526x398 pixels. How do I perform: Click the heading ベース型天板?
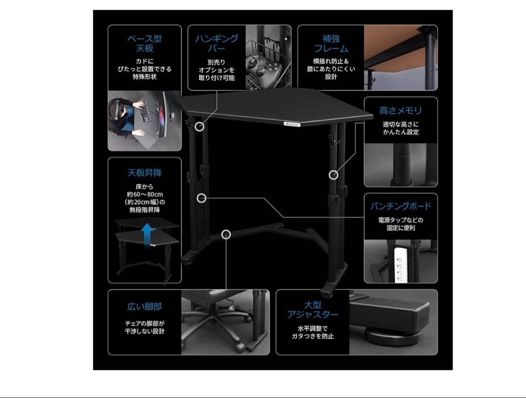coord(145,43)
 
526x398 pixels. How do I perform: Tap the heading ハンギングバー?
coord(217,43)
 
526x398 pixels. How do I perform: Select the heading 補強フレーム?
coord(331,43)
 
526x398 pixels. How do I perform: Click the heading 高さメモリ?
coord(400,111)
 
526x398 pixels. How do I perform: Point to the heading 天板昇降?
coord(145,173)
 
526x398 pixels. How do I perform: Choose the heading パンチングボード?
coord(400,206)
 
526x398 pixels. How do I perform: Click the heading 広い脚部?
coord(145,307)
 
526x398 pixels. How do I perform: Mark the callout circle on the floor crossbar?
coord(225,234)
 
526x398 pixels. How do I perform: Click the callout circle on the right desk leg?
coord(333,175)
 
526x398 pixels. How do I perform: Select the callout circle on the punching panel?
coord(202,198)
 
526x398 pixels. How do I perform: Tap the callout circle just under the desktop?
coord(199,126)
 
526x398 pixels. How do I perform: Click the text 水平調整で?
coord(313,328)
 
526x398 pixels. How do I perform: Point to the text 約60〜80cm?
coord(144,194)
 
